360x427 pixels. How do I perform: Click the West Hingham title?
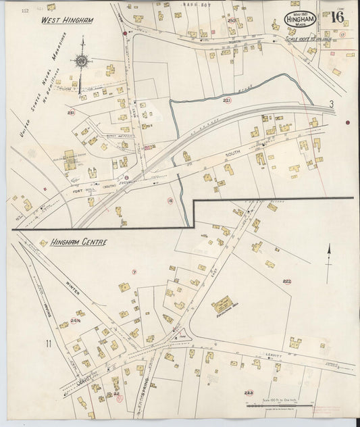67,20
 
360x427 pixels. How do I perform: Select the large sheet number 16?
335,18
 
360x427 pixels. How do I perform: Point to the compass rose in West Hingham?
81,61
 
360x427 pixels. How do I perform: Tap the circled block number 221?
226,101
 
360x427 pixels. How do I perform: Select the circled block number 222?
286,281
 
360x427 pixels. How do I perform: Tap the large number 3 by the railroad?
332,104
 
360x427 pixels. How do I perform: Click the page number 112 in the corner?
25,11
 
